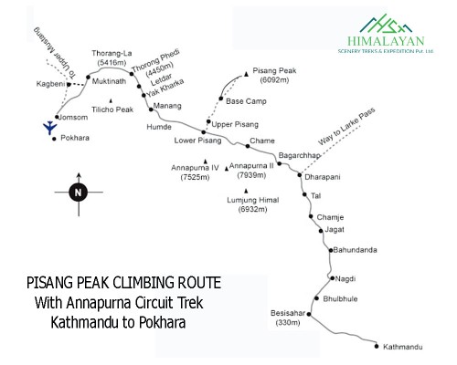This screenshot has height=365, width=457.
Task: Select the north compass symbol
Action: [x=78, y=192]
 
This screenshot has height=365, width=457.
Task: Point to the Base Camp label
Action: [x=245, y=100]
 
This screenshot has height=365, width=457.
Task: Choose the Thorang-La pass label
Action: [x=112, y=54]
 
